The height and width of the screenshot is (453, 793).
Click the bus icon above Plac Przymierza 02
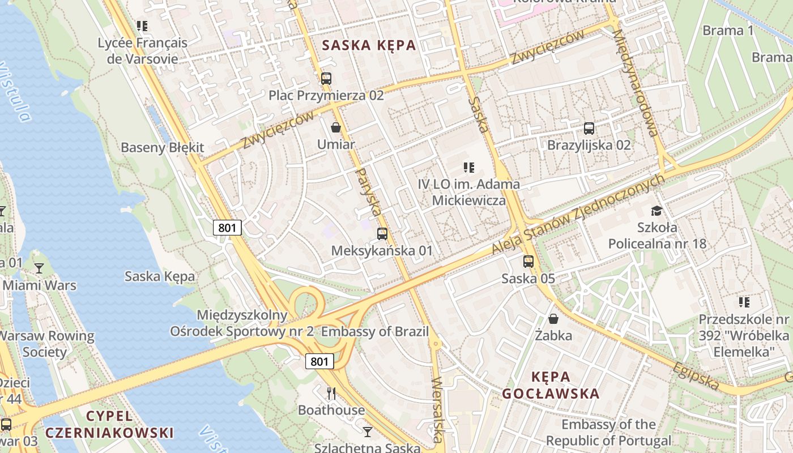[326, 79]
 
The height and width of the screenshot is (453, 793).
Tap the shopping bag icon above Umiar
[336, 127]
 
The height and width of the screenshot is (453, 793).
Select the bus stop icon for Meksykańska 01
[382, 233]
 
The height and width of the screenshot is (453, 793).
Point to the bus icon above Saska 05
[528, 262]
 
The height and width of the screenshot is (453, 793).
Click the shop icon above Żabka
[553, 319]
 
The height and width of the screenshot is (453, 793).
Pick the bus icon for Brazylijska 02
[589, 128]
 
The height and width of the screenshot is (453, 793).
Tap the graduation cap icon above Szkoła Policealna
[656, 211]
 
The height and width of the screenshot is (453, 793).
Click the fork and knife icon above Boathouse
[331, 393]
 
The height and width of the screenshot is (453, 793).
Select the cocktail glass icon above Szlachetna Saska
[368, 432]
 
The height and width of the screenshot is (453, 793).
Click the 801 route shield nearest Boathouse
[319, 361]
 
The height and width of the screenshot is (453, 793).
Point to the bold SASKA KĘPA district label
[369, 46]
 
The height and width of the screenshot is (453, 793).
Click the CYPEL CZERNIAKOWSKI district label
[109, 425]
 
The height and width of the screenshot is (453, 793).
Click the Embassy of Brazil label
[375, 332]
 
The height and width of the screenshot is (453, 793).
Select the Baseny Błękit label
[163, 148]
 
